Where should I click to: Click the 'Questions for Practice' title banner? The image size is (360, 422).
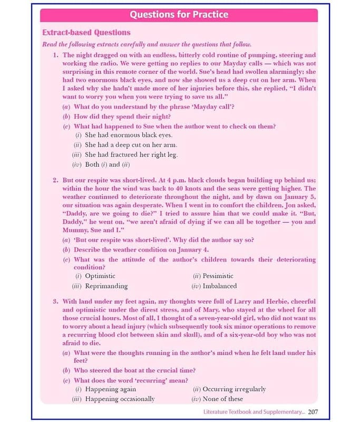179,15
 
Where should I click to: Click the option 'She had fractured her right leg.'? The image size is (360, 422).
131,155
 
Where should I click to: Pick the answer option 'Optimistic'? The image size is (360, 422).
100,276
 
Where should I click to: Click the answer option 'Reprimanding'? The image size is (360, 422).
106,286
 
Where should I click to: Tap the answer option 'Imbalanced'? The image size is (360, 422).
220,286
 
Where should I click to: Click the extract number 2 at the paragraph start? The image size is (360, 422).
55,180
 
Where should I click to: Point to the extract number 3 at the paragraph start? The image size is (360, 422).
55,301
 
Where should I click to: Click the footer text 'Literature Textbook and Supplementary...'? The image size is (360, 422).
254,411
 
